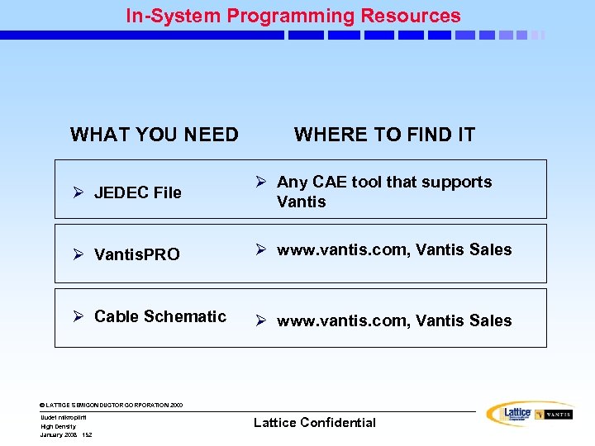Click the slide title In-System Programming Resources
[x=293, y=16]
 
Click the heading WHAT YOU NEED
[x=155, y=135]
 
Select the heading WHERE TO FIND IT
[x=384, y=135]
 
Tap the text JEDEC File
[x=138, y=193]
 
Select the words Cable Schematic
[x=160, y=316]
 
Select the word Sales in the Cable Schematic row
[x=492, y=320]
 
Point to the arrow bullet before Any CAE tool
[x=260, y=182]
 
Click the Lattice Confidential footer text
[x=314, y=423]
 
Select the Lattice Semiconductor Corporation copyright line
[x=112, y=406]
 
